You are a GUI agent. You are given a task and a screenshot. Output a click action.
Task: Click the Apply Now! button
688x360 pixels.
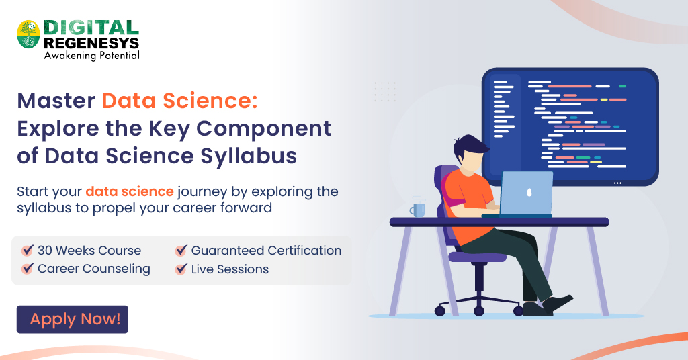[73, 319]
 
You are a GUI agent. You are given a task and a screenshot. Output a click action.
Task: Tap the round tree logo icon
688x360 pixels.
[28, 34]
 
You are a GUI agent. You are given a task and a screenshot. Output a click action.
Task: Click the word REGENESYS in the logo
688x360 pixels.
[91, 43]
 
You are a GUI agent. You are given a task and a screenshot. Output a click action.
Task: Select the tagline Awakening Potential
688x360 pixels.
[91, 55]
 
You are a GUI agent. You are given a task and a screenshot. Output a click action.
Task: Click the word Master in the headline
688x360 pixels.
[56, 101]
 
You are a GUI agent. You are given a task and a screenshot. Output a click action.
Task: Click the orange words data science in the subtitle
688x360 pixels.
[130, 191]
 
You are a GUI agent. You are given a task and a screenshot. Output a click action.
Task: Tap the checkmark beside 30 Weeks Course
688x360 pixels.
[28, 250]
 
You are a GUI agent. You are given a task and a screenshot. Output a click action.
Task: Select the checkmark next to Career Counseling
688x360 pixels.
[28, 268]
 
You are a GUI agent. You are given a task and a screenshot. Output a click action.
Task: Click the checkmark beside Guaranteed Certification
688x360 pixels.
[181, 250]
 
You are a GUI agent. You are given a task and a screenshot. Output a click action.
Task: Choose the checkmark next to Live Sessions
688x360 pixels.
[181, 269]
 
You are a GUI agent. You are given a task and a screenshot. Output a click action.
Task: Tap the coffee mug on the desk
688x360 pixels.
[418, 209]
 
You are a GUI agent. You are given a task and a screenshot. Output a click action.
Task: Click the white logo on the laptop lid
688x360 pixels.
[529, 192]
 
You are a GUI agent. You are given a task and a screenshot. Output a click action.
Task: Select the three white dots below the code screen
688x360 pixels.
[617, 183]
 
